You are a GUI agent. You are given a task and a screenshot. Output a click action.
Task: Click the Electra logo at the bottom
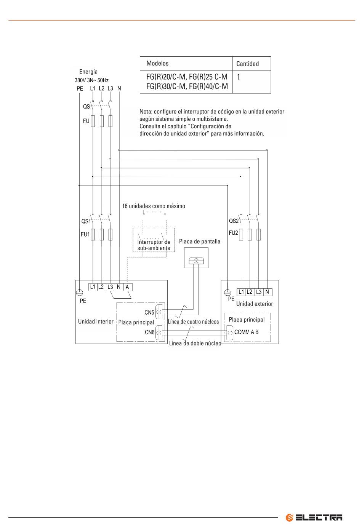tap(314, 517)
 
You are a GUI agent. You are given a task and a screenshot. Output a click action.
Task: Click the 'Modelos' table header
tap(157, 63)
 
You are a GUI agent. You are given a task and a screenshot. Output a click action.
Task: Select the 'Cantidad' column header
tap(247, 64)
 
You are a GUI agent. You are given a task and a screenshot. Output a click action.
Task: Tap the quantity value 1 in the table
tap(239, 77)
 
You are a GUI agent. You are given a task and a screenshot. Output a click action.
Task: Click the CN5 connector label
tap(149, 312)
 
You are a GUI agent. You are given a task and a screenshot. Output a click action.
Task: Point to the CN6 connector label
tap(150, 332)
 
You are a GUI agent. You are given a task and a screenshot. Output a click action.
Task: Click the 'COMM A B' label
tap(247, 332)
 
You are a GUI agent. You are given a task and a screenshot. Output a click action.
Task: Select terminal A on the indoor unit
tap(127, 287)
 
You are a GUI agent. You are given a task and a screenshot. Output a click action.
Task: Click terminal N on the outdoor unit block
tap(267, 292)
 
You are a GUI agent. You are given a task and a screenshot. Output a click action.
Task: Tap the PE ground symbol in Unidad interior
tap(80, 292)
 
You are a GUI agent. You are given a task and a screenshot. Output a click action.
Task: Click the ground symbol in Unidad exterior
tap(227, 293)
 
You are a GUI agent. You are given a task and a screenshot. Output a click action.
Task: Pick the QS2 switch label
tap(234, 221)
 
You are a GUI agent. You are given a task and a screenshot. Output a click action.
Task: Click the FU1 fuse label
tap(85, 234)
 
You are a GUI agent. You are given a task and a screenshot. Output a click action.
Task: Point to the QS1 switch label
tap(86, 221)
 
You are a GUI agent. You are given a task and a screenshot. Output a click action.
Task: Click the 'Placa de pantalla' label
tap(200, 242)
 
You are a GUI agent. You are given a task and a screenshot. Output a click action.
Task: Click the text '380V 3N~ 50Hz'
tap(92, 80)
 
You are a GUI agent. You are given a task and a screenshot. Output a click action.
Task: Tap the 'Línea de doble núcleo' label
tap(195, 343)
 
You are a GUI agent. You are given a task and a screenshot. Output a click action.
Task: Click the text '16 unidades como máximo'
tap(154, 206)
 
